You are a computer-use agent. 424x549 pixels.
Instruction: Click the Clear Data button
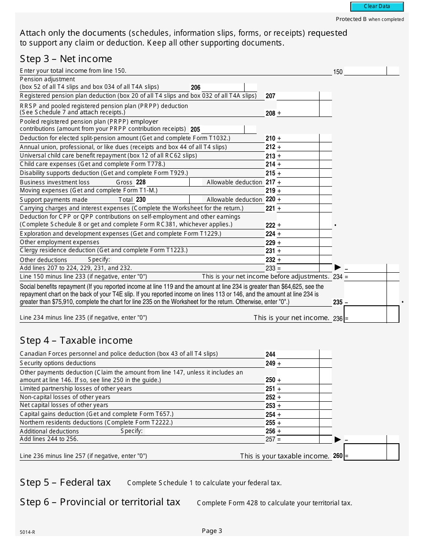click(377, 6)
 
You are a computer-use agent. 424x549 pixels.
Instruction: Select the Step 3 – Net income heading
click(66, 59)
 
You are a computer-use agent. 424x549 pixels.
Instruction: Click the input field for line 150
click(365, 71)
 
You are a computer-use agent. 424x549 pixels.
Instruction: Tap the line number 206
click(195, 87)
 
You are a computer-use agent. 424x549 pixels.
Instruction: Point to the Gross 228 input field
click(168, 182)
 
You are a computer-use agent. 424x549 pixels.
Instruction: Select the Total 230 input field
click(168, 200)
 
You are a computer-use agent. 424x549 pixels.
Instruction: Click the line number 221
click(270, 208)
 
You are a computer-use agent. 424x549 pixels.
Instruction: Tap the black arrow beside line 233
click(338, 268)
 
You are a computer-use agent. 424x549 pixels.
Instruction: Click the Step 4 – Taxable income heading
click(76, 341)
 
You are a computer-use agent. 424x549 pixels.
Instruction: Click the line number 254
click(270, 415)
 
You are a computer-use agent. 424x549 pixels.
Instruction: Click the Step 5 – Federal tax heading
click(65, 482)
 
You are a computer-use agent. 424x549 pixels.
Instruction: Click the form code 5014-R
click(27, 532)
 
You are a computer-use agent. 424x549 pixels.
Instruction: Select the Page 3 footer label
click(212, 531)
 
